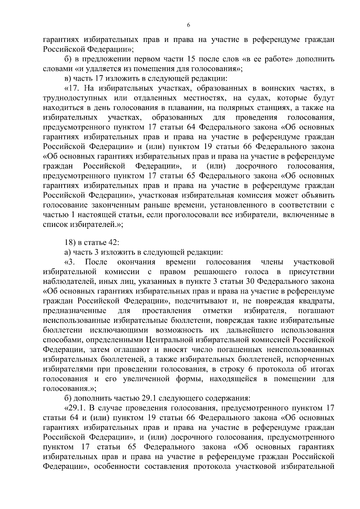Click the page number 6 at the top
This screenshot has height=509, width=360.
pyautogui.click(x=188, y=25)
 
